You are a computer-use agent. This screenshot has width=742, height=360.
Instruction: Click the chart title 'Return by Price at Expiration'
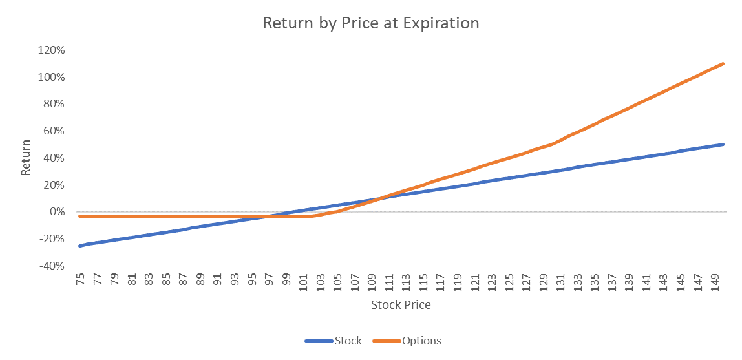(370, 23)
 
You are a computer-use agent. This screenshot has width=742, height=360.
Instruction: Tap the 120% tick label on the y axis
(51, 50)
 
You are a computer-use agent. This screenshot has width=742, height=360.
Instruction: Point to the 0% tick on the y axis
(57, 212)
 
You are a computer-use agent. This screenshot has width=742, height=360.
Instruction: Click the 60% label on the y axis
(54, 131)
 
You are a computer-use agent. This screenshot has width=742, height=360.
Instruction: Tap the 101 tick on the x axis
(303, 282)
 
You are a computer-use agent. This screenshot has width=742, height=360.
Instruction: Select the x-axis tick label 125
(509, 282)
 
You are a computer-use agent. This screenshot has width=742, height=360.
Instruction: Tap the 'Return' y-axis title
(26, 158)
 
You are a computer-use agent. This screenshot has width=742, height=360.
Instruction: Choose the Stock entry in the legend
(334, 341)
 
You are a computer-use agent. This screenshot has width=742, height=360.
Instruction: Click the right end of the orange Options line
(723, 63)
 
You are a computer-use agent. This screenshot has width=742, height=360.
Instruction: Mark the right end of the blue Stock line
(723, 144)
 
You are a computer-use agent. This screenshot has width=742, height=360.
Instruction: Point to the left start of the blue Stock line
(80, 246)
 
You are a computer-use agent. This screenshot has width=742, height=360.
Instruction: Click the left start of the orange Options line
(80, 216)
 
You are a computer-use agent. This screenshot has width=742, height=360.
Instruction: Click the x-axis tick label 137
(611, 282)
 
